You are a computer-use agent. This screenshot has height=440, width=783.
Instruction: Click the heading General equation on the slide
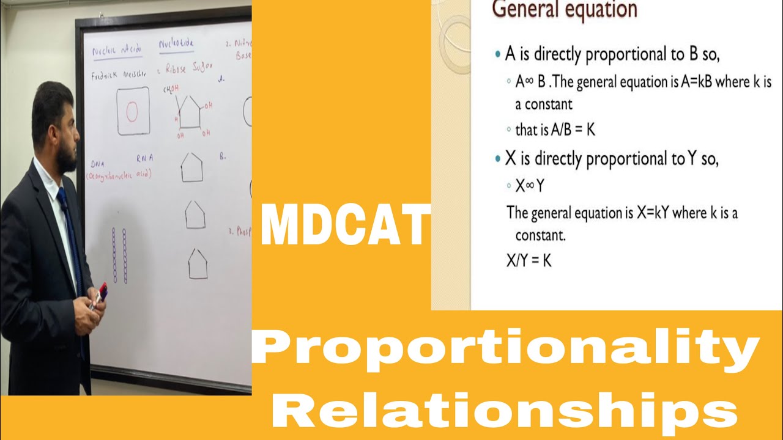click(x=565, y=10)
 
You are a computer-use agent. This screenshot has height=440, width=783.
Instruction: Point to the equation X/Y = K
click(x=530, y=260)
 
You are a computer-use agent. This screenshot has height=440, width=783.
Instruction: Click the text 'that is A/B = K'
click(x=555, y=130)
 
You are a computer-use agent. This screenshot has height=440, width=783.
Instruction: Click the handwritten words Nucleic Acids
click(x=116, y=51)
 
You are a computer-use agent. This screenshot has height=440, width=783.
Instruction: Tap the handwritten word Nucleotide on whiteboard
click(x=176, y=45)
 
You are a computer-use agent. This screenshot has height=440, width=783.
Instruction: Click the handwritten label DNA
click(x=98, y=164)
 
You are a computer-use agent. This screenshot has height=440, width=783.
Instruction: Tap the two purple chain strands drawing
click(x=119, y=255)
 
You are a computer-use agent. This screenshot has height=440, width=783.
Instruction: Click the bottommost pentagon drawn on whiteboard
click(x=197, y=265)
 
